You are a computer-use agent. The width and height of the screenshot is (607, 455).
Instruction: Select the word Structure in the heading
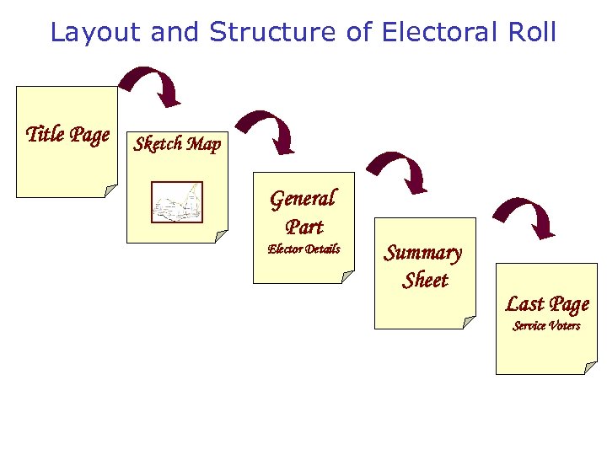274,32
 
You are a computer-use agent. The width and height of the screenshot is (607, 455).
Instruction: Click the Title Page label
67,134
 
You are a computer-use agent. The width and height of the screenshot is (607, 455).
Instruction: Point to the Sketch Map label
177,144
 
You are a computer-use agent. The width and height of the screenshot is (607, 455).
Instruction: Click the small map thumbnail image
177,202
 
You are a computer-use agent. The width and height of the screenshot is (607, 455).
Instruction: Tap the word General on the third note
303,199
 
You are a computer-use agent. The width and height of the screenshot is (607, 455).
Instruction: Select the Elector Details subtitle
303,249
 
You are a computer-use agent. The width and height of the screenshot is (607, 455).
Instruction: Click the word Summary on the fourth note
423,253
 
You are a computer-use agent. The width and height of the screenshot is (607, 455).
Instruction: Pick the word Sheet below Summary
425,281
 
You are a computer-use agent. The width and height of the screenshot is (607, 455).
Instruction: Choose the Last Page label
547,304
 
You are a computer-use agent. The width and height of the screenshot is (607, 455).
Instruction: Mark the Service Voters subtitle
546,326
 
